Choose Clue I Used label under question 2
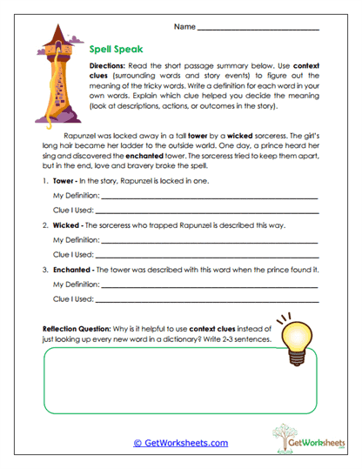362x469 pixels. click(73, 254)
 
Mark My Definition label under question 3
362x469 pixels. click(77, 284)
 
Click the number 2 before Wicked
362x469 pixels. click(44, 224)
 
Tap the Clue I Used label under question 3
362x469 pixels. click(73, 298)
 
